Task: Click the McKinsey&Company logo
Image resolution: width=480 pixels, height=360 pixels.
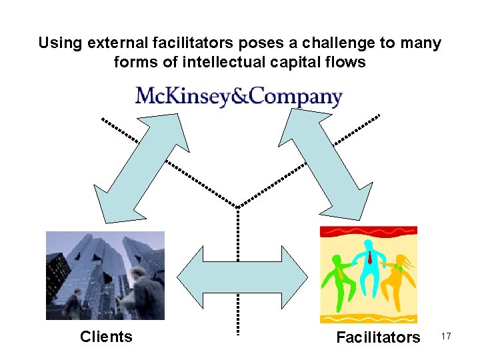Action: click(x=239, y=97)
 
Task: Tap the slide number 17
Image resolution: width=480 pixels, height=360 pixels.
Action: click(x=446, y=337)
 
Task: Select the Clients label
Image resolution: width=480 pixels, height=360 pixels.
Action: click(x=106, y=337)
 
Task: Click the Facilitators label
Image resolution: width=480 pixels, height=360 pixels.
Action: click(x=378, y=337)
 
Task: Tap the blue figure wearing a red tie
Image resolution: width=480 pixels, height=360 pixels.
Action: click(x=369, y=267)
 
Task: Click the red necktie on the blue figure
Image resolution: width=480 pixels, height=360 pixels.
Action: click(x=369, y=257)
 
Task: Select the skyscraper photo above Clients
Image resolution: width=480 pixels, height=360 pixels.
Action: click(x=105, y=275)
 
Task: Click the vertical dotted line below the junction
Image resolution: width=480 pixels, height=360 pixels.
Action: click(x=238, y=267)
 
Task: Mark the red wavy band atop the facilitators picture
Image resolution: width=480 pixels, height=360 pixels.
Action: click(x=368, y=232)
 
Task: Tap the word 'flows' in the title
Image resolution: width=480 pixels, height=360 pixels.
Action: click(x=346, y=63)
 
